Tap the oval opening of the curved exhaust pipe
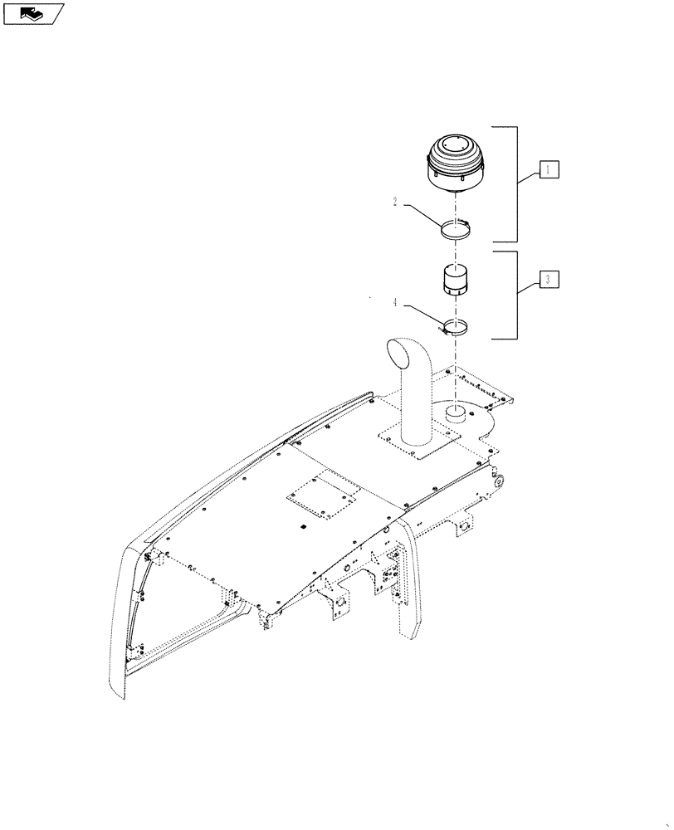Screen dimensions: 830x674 click(x=403, y=356)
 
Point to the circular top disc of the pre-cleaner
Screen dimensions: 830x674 click(x=455, y=148)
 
